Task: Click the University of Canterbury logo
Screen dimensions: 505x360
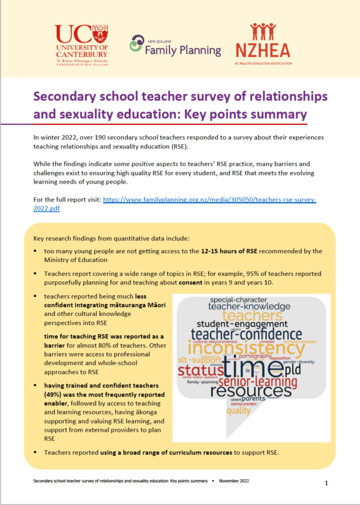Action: pos(82,45)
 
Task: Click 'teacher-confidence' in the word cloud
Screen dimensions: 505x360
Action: pos(245,333)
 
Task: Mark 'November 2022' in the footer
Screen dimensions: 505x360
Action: pos(238,481)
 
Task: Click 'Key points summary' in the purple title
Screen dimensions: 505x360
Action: pos(240,114)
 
